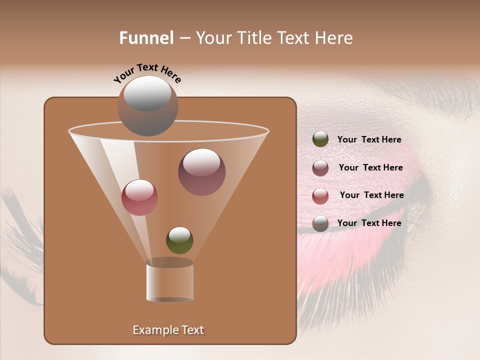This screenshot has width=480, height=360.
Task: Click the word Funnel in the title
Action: [x=146, y=38]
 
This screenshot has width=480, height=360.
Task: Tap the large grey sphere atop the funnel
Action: [x=147, y=105]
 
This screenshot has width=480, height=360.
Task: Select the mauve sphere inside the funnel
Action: [x=201, y=171]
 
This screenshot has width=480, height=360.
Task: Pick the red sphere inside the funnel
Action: [x=139, y=197]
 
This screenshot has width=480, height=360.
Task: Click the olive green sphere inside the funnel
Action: [x=179, y=240]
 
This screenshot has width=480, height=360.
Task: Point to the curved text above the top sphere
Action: [x=147, y=73]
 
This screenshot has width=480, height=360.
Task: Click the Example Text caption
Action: [x=168, y=330]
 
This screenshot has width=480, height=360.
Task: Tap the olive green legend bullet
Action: [x=320, y=139]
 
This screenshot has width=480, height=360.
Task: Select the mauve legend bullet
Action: [x=320, y=167]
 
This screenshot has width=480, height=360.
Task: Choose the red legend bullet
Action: [x=320, y=195]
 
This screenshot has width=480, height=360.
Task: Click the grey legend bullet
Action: [x=320, y=223]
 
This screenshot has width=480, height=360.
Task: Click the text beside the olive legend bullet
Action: [x=369, y=139]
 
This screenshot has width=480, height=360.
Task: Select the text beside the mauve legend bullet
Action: [x=370, y=167]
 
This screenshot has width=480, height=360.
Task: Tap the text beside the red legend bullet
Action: [x=371, y=195]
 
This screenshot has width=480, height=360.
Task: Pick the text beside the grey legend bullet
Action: [x=369, y=223]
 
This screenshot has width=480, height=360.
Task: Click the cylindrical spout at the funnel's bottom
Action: [x=170, y=282]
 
